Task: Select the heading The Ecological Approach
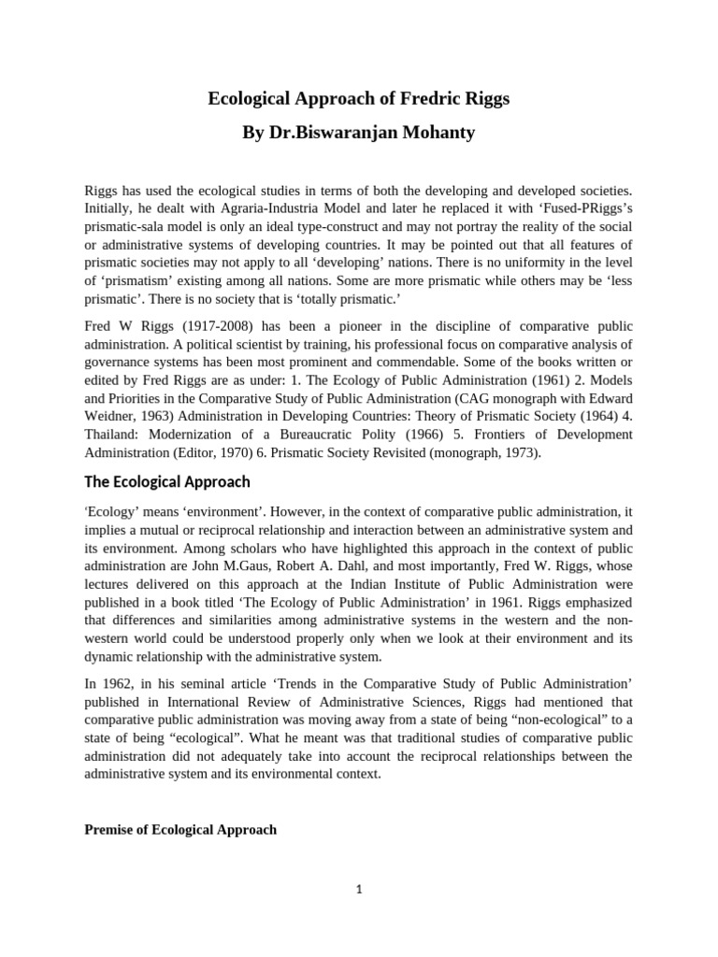[x=167, y=482]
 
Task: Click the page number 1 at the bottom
[x=358, y=890]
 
